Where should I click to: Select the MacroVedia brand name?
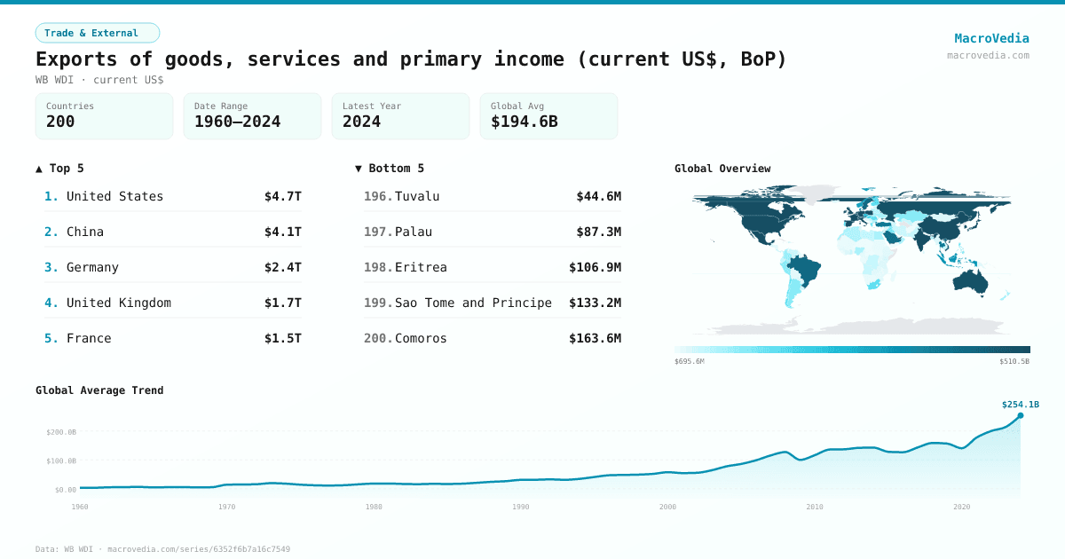point(991,38)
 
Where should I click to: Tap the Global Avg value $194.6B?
point(524,122)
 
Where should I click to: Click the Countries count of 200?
point(60,122)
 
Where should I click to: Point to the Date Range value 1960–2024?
point(237,122)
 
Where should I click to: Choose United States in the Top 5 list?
point(114,196)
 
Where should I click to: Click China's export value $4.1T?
point(282,232)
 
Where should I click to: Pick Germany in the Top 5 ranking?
point(92,267)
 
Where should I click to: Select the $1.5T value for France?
point(282,338)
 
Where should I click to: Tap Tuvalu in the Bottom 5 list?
point(417,196)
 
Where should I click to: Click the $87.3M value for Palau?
point(598,232)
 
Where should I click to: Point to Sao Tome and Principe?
point(473,303)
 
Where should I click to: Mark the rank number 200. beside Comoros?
point(377,338)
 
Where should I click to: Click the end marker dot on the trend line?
point(1020,415)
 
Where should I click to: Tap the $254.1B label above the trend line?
point(1020,404)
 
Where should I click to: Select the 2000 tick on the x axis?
point(667,507)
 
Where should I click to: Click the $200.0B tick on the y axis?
point(61,432)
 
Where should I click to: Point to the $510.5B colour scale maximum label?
point(1014,361)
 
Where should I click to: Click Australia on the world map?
point(974,280)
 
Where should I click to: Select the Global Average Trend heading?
point(99,390)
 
